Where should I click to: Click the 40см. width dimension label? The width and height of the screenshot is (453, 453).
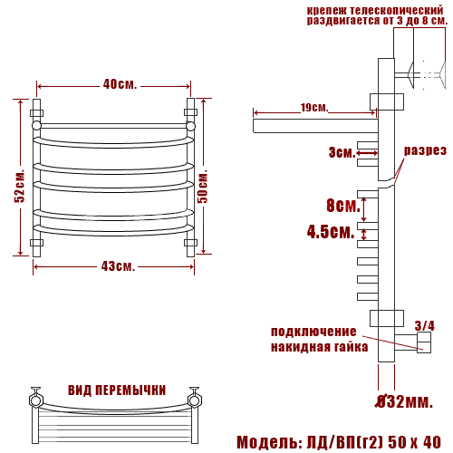(120, 84)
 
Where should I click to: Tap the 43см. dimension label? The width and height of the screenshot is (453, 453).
(118, 266)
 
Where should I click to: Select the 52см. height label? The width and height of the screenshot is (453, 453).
(20, 186)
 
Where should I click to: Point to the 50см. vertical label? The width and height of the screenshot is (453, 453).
(203, 186)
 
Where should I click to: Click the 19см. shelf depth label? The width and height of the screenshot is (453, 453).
(314, 108)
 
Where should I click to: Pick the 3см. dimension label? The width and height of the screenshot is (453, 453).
(342, 152)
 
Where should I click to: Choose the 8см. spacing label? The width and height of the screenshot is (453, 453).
(343, 206)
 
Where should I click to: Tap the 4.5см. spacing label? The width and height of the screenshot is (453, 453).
(331, 232)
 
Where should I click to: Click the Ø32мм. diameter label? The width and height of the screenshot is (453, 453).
(404, 401)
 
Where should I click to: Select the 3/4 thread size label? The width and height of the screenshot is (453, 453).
(424, 326)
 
